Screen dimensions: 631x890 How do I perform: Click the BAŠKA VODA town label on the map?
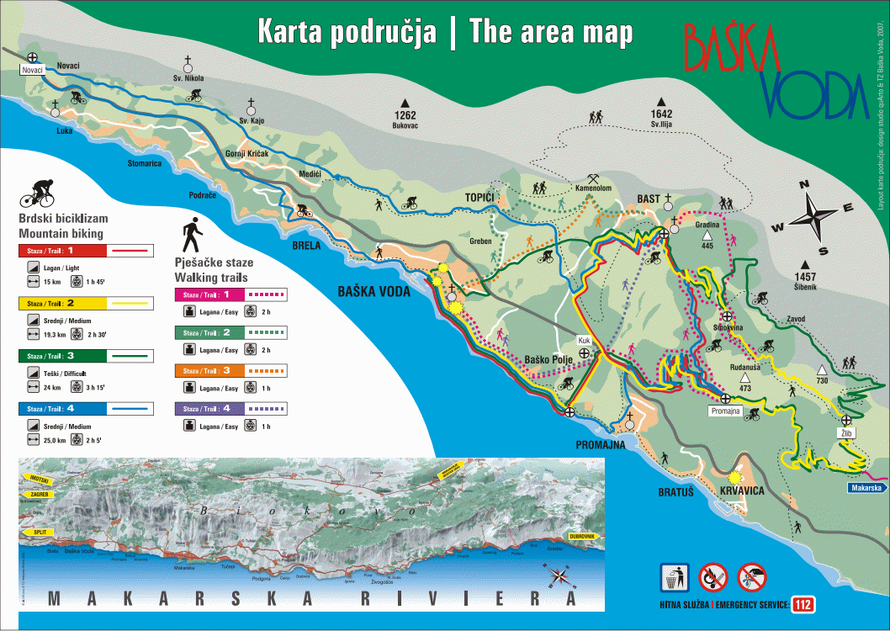[x=373, y=291]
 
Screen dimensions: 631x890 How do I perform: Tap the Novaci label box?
[x=32, y=70]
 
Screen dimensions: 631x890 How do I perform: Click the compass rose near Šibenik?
[x=813, y=216]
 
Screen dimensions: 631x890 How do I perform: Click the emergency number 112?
[x=803, y=604]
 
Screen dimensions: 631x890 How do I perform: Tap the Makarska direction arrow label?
[x=866, y=488]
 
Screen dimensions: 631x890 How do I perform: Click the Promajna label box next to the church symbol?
[x=725, y=411]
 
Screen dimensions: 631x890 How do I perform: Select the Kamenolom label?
[x=592, y=188]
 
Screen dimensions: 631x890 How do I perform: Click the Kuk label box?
[x=584, y=341]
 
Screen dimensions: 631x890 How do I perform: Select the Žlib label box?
[x=845, y=432]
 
